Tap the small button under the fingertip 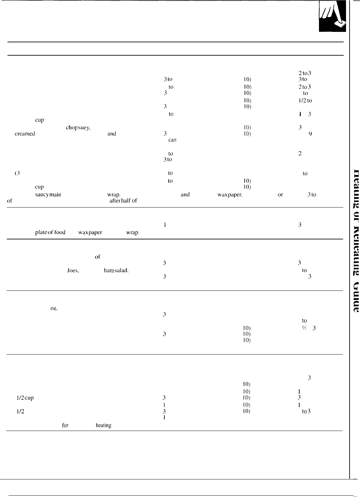(340, 24)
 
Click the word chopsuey (78, 128)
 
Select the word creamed (25, 134)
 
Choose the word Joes (72, 270)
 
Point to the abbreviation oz (54, 309)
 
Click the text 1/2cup (25, 397)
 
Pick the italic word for (65, 425)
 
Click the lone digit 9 (310, 134)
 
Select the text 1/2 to (305, 101)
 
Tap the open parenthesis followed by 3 (18, 173)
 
